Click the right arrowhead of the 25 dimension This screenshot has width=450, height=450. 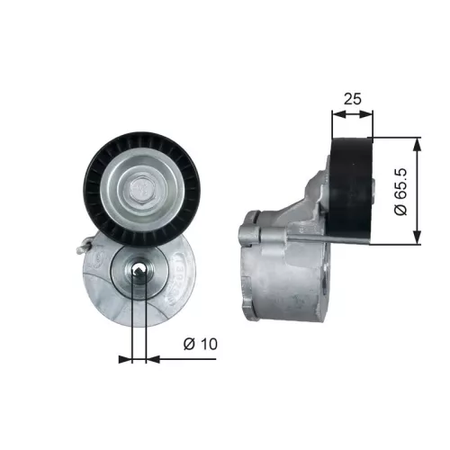pyautogui.click(x=370, y=114)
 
